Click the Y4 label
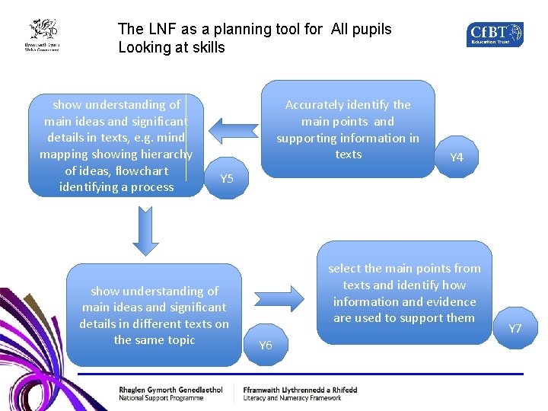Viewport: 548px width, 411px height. [x=457, y=158]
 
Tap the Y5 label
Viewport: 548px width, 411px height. [x=227, y=180]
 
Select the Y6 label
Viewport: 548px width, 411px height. [x=266, y=346]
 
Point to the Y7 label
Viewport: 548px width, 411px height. [x=515, y=329]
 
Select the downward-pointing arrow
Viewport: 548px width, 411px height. [x=145, y=231]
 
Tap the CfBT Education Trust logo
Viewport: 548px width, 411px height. [x=495, y=34]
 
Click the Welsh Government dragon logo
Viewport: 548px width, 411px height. [x=43, y=35]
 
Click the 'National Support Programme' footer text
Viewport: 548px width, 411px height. [x=161, y=398]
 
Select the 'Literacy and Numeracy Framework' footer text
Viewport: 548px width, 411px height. [x=292, y=398]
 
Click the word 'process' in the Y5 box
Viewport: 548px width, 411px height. [x=153, y=187]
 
